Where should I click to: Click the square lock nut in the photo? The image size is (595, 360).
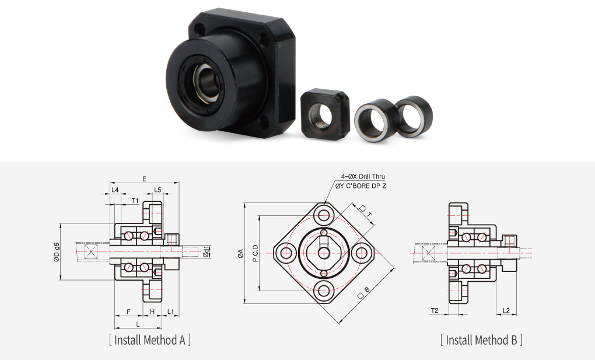point(325,114)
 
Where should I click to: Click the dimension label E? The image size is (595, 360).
point(144,179)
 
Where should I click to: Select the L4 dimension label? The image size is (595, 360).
point(115,190)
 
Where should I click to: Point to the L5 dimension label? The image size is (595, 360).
point(157,190)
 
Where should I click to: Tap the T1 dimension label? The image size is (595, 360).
point(135,200)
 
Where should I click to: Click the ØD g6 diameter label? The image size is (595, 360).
point(57,252)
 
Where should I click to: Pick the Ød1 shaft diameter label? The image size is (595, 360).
point(206,252)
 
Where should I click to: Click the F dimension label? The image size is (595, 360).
point(129,312)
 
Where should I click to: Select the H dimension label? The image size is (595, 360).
point(152,312)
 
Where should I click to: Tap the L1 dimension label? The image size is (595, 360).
point(171,312)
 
